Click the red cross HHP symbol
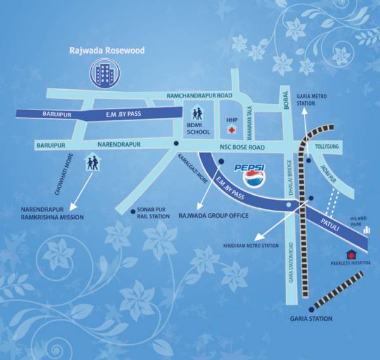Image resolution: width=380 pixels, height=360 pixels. (x=232, y=130)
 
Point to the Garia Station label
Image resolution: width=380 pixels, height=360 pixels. (x=311, y=319)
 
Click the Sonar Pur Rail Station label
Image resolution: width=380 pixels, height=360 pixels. (x=153, y=213)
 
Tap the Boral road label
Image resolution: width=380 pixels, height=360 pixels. (x=285, y=106)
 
